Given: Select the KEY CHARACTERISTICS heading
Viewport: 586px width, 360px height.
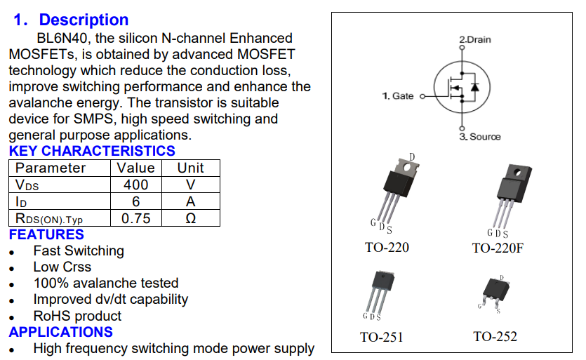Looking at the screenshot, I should pyautogui.click(x=92, y=151).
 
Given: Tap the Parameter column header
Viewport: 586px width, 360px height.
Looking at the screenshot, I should pyautogui.click(x=51, y=168).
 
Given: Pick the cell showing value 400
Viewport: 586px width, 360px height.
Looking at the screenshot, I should pyautogui.click(x=135, y=185).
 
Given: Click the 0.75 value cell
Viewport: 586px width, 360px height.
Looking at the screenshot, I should pyautogui.click(x=135, y=218).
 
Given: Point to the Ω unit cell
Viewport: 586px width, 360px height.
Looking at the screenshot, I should pyautogui.click(x=190, y=218).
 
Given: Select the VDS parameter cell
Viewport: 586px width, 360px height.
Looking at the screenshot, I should pyautogui.click(x=27, y=185).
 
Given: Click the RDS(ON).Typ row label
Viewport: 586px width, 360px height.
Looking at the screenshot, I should pyautogui.click(x=49, y=219).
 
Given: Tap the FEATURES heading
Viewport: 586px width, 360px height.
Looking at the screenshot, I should pyautogui.click(x=46, y=234).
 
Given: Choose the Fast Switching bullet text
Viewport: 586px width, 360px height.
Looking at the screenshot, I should pyautogui.click(x=79, y=251).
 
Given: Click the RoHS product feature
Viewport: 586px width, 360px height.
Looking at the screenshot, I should pyautogui.click(x=77, y=316).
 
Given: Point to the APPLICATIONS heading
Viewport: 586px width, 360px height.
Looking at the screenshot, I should pyautogui.click(x=61, y=332).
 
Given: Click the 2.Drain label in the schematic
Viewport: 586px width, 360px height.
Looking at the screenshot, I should pyautogui.click(x=475, y=39).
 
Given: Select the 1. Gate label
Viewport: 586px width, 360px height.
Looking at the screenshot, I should pyautogui.click(x=398, y=95).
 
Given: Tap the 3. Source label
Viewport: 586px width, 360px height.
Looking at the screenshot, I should pyautogui.click(x=481, y=137).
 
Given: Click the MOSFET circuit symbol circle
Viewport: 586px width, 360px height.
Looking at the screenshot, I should pyautogui.click(x=460, y=88).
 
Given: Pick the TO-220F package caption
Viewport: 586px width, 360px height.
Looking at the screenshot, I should pyautogui.click(x=498, y=248).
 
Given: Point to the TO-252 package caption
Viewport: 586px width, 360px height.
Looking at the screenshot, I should pyautogui.click(x=495, y=337).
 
